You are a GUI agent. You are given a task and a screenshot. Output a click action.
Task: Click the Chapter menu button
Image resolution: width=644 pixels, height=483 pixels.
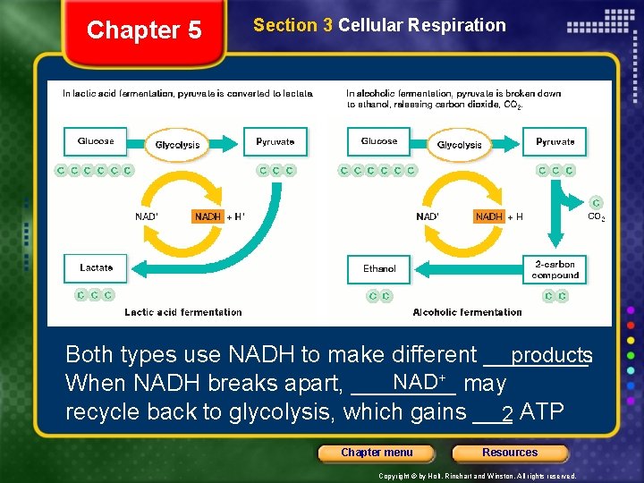(x=377, y=453)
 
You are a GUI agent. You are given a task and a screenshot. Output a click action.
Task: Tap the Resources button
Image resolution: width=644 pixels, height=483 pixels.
(x=510, y=453)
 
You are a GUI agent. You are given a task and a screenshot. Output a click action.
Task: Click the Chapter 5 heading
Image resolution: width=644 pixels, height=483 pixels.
(x=144, y=30)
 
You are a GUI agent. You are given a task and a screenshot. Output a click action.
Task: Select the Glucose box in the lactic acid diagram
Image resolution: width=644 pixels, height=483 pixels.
(x=96, y=141)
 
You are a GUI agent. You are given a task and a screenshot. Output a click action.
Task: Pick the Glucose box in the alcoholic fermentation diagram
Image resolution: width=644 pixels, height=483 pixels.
(x=379, y=141)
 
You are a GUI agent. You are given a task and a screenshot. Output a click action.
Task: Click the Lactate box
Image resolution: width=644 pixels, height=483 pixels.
(x=96, y=267)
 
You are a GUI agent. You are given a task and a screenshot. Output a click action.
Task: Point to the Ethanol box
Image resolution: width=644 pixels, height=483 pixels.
(x=379, y=268)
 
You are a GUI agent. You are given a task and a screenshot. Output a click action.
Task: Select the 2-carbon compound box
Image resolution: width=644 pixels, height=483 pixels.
(x=555, y=269)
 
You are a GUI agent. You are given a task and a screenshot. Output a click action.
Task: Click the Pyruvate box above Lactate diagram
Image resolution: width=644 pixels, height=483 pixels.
(x=275, y=141)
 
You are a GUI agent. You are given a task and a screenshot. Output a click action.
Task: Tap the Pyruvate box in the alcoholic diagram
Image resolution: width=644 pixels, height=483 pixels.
(x=555, y=141)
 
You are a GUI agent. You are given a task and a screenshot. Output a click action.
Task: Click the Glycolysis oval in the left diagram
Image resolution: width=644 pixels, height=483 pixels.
(x=177, y=145)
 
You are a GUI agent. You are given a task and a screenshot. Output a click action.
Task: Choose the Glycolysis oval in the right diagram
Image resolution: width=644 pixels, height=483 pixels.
(x=459, y=145)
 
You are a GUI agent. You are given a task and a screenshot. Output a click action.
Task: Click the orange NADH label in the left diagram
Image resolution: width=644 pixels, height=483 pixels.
(x=208, y=216)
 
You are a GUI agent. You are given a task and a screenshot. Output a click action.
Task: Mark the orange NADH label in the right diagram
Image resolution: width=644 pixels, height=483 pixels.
(x=489, y=216)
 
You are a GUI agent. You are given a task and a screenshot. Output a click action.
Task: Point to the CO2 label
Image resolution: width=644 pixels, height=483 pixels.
(x=596, y=216)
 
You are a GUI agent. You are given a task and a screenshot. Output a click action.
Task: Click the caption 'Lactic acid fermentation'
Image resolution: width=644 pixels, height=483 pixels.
(x=183, y=312)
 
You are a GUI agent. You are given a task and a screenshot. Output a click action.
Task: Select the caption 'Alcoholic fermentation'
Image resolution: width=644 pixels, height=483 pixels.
(x=467, y=312)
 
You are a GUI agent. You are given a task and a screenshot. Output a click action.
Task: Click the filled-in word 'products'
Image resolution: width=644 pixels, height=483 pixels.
(x=551, y=355)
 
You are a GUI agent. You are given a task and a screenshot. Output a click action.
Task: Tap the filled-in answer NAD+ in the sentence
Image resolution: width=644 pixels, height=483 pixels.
(x=419, y=382)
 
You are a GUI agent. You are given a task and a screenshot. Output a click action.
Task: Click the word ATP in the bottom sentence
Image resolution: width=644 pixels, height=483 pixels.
(x=542, y=412)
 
